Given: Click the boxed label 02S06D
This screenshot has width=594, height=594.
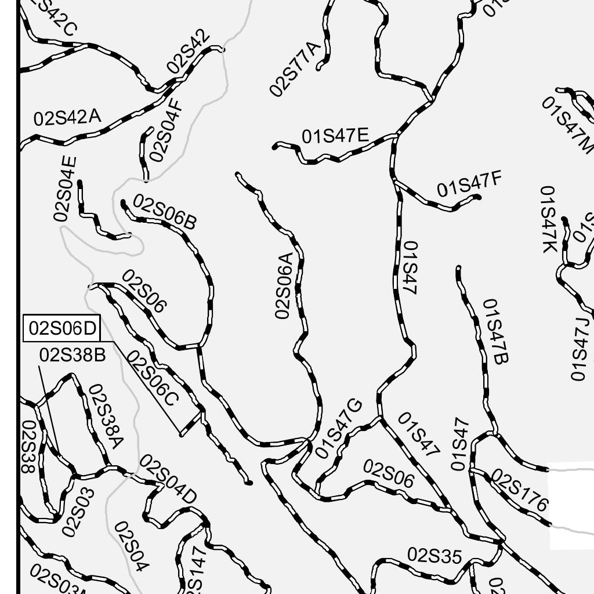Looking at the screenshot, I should tap(62, 328).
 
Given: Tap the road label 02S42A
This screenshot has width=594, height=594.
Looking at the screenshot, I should tap(67, 117).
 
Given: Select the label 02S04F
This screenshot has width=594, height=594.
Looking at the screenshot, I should tap(166, 131).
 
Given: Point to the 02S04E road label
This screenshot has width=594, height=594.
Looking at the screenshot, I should tap(65, 189).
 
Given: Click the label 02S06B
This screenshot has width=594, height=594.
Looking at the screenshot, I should tap(165, 211).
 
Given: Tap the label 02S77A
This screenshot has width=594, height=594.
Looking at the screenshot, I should tap(295, 68).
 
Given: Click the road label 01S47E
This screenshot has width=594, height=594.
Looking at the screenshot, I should tap(335, 136).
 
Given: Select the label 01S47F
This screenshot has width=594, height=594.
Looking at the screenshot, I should tap(469, 184).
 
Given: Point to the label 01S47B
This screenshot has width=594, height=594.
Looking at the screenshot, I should tap(495, 331).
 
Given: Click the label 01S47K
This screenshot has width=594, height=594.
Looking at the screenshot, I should tap(548, 219).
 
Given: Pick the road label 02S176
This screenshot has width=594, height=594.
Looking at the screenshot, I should tap(519, 490).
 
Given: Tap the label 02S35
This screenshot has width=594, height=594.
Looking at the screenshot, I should tap(434, 555).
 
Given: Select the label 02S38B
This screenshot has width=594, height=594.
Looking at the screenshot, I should tap(73, 354).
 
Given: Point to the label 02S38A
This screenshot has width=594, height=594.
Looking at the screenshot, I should tap(106, 416).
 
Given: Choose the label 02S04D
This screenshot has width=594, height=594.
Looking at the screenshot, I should tap(168, 479).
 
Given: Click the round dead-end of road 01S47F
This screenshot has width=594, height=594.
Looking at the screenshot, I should tap(478, 197).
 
